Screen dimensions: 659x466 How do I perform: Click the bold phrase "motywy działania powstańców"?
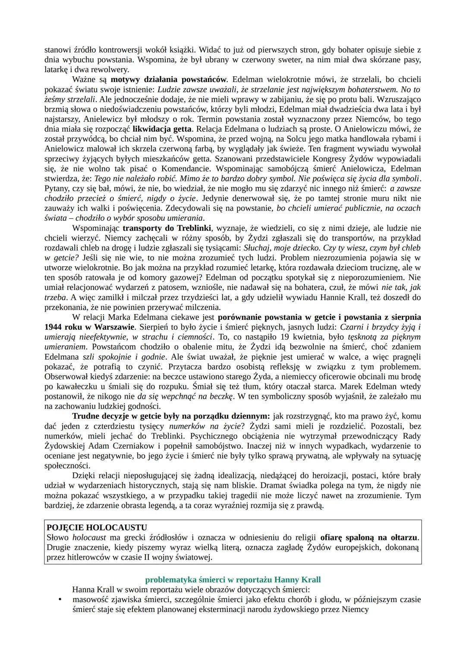(169, 79)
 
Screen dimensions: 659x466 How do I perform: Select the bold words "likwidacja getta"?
(162, 129)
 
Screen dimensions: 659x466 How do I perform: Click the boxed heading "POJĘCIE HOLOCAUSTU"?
(97, 527)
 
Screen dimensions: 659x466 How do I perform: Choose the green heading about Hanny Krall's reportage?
(233, 580)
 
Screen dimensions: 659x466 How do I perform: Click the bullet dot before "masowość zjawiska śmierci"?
(60, 599)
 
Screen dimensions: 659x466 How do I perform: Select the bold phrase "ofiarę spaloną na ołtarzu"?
(369, 538)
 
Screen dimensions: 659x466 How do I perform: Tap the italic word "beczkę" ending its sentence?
(220, 396)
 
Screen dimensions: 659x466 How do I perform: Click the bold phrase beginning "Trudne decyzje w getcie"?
(171, 416)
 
